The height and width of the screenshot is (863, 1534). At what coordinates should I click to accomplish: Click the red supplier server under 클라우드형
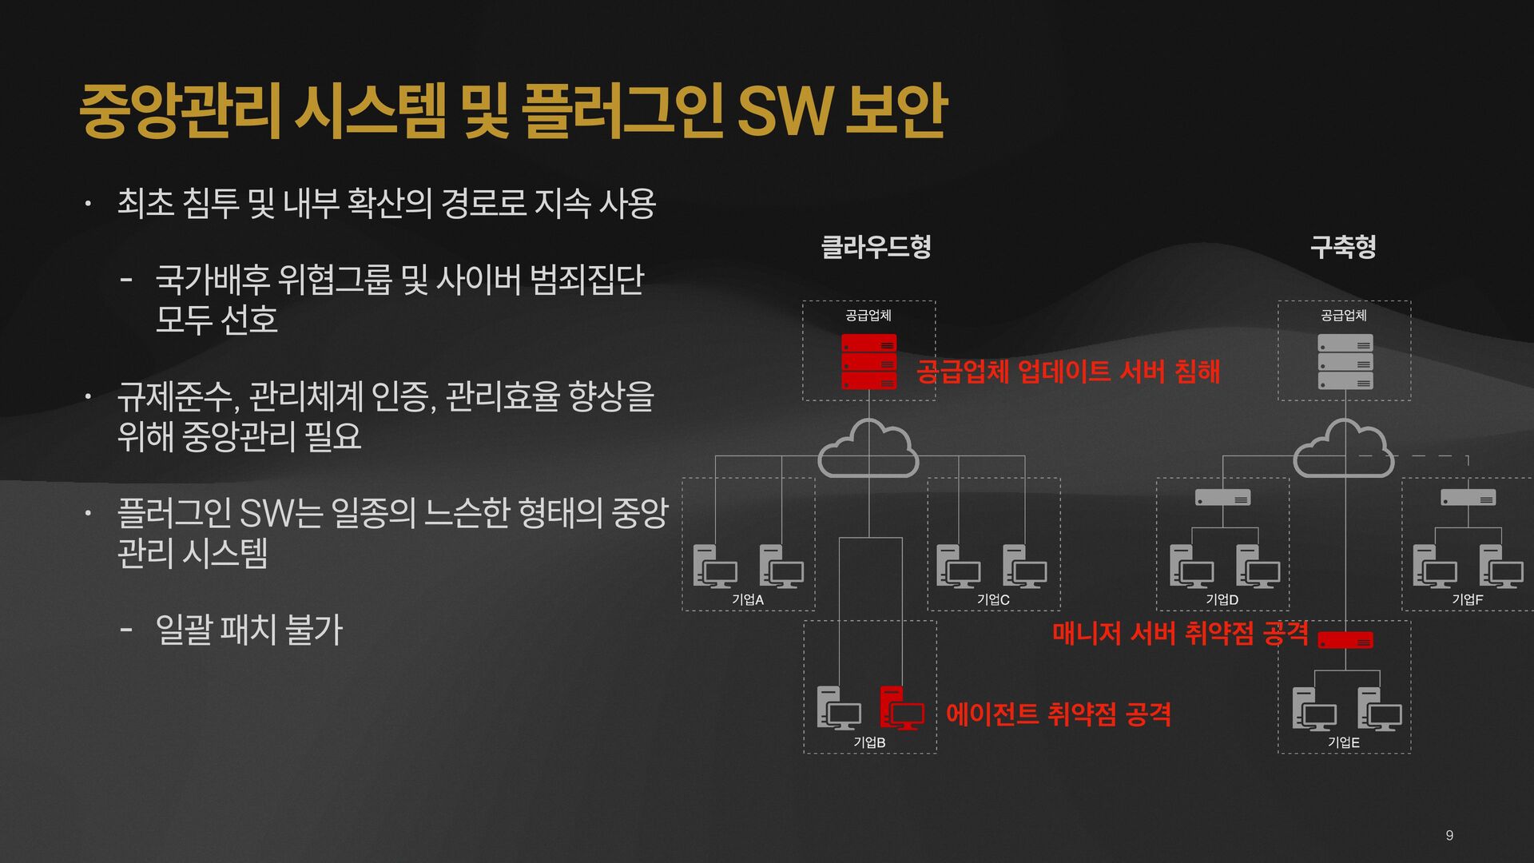coord(868,362)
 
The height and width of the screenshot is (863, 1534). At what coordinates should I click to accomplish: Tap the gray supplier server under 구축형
coord(1345,362)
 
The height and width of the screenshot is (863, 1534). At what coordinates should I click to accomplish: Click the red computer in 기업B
coord(902,708)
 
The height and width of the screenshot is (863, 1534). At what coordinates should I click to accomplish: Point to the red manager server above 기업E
coord(1345,640)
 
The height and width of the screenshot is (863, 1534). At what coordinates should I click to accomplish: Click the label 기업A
coord(748,599)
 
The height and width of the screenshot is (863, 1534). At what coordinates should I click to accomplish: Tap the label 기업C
coord(993,599)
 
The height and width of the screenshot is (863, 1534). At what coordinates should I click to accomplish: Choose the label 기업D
coord(1222,599)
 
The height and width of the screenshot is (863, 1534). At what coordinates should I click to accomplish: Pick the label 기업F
coord(1467,599)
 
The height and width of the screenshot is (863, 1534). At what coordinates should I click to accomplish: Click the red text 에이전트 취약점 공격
coord(1058,714)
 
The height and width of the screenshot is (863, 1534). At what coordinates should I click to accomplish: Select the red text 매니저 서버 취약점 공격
coord(1179,633)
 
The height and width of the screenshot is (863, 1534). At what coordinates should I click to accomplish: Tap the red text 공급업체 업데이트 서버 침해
coord(1067,372)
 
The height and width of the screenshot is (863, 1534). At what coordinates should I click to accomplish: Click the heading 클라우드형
coord(876,246)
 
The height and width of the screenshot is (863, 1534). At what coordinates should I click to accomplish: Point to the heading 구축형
coord(1343,246)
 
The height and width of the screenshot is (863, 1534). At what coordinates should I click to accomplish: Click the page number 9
coord(1449,835)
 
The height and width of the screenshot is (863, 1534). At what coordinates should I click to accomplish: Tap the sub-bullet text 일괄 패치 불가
coord(248,630)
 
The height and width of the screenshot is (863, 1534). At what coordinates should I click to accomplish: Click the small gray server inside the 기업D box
coord(1222,498)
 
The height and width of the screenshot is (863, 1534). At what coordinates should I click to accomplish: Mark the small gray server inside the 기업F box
coord(1468,498)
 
